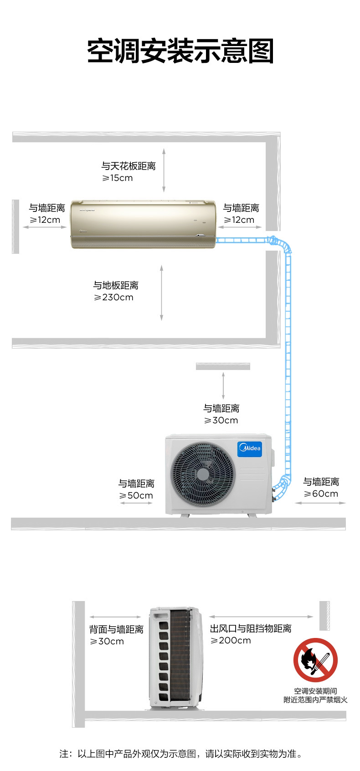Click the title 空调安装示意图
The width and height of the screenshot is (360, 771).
click(180, 51)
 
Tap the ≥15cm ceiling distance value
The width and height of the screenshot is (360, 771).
click(117, 178)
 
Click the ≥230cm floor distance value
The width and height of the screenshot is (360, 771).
click(113, 298)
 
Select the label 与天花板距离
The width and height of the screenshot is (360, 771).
click(128, 166)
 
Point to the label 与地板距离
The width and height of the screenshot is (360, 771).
click(116, 286)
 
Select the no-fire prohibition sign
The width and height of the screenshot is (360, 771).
click(315, 659)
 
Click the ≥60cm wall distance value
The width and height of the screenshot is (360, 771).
click(321, 494)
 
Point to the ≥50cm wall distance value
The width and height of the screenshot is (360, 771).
click(136, 496)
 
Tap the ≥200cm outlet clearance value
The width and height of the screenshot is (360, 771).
click(231, 641)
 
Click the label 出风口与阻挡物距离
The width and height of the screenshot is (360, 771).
click(250, 629)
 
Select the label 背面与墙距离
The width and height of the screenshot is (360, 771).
click(116, 630)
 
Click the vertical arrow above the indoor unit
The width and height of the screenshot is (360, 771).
click(164, 170)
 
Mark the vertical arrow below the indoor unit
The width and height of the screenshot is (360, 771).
click(162, 292)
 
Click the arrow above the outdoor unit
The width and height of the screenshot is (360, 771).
click(223, 385)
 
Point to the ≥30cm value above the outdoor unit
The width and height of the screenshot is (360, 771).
click(221, 421)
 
